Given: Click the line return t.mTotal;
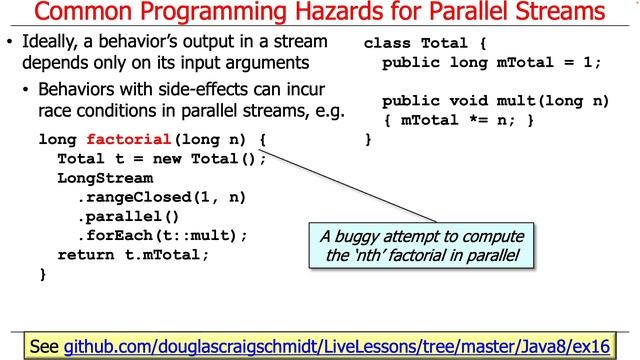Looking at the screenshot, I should (133, 254).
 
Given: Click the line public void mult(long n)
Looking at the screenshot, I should (495, 102).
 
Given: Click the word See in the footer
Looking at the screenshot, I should (46, 346).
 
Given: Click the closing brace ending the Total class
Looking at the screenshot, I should (368, 140).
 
